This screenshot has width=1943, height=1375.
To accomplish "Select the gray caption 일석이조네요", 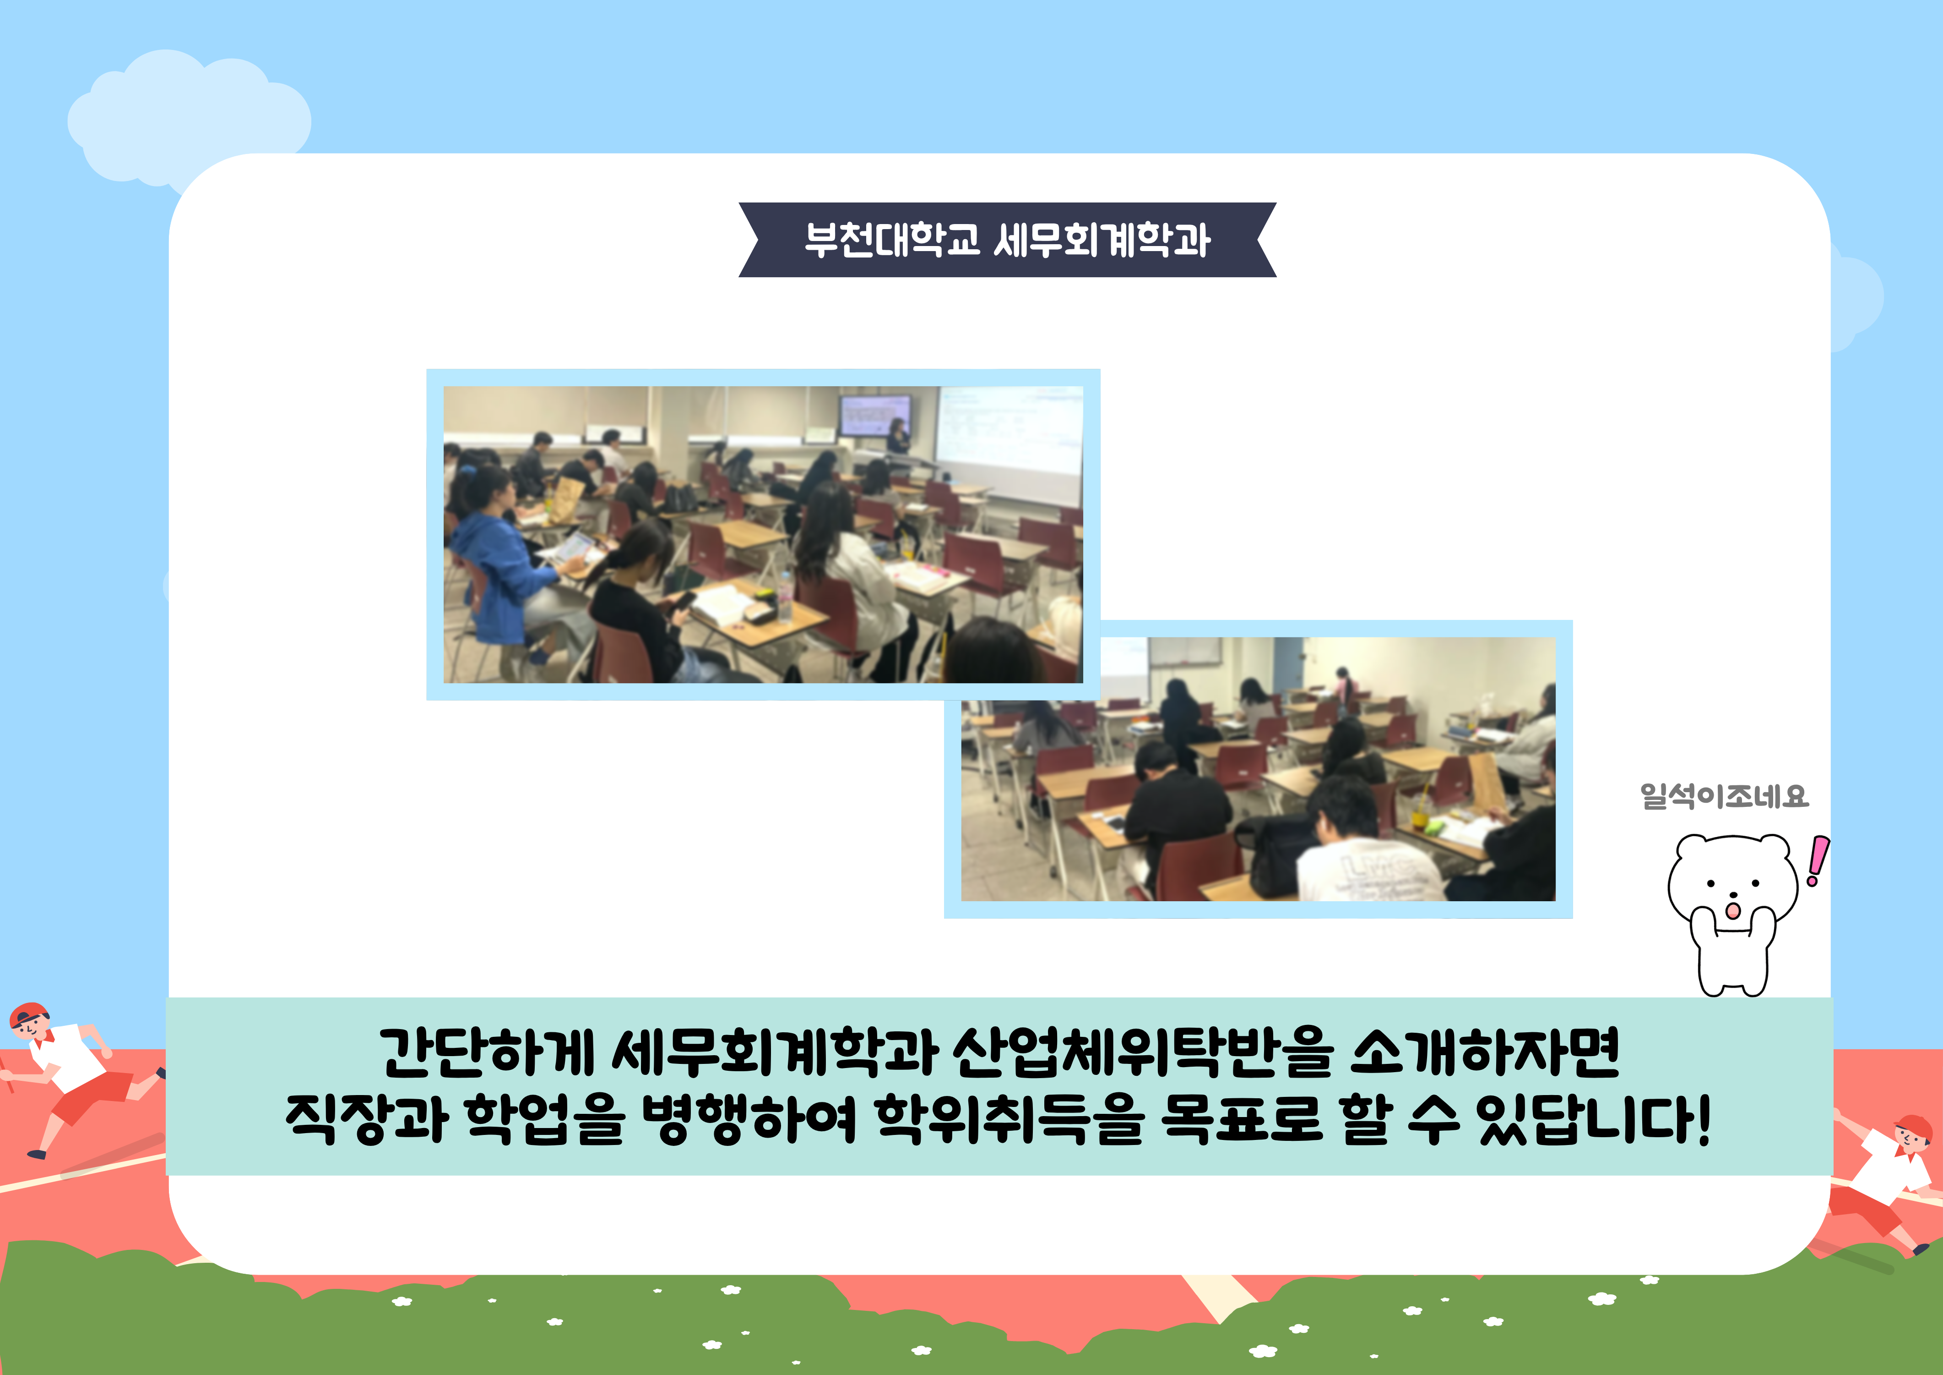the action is point(1724,796).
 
